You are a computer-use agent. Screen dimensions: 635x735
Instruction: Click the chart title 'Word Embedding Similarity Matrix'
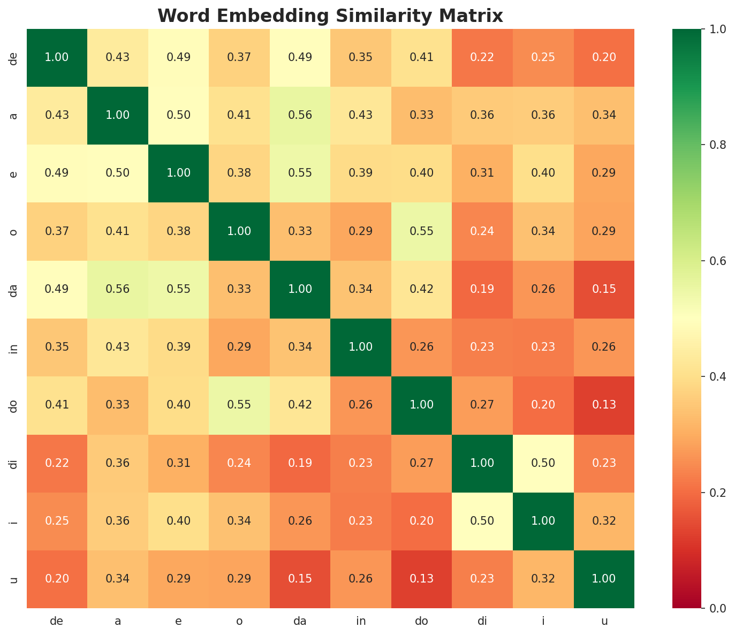click(x=330, y=16)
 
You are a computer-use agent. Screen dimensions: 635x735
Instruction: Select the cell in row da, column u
click(x=604, y=289)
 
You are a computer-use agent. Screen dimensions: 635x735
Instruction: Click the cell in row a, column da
click(x=300, y=116)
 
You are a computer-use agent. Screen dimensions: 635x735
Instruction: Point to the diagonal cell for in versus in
click(x=361, y=347)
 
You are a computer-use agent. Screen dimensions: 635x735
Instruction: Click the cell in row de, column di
click(x=482, y=57)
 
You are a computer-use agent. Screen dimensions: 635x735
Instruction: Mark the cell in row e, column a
click(x=118, y=173)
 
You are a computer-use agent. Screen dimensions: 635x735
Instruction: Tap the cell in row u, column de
click(x=57, y=579)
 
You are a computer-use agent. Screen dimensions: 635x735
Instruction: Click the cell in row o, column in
click(x=361, y=231)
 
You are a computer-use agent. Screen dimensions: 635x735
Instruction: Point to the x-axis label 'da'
click(x=300, y=621)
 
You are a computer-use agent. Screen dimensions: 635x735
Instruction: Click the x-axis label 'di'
click(x=482, y=621)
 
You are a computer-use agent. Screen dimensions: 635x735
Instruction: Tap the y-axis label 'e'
click(x=14, y=173)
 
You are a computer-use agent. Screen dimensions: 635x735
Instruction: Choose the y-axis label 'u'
click(x=14, y=579)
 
